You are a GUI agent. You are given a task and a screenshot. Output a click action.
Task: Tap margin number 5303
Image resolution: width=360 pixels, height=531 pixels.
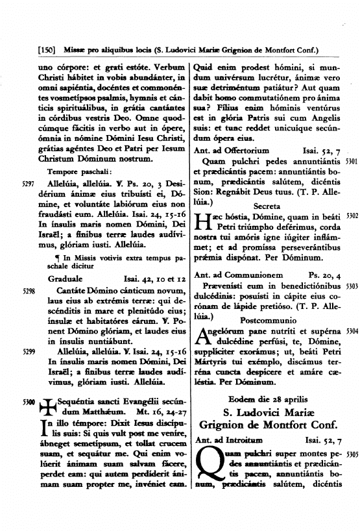pos(352,286)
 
